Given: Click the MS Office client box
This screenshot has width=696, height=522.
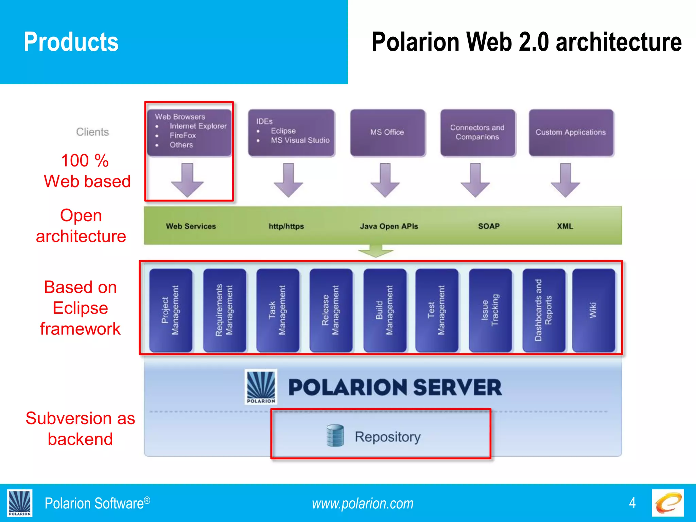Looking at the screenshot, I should (387, 133).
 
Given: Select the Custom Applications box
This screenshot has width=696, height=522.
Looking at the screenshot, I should (571, 133).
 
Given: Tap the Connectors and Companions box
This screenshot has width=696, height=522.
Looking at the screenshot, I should (477, 133).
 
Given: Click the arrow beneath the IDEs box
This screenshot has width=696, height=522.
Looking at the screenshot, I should (288, 180).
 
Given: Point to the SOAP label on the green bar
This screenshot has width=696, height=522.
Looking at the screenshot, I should (489, 226).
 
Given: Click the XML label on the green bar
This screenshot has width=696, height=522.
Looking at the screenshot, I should (565, 226).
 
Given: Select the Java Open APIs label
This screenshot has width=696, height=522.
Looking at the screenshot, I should (389, 226).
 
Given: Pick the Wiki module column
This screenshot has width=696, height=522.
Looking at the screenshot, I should (593, 310).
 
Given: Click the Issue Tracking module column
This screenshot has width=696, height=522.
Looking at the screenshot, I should (490, 310).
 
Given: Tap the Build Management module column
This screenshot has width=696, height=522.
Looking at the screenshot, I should (384, 310).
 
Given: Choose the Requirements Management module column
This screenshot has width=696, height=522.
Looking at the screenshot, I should (224, 310).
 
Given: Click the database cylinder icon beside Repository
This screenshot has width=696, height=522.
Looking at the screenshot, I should (335, 436).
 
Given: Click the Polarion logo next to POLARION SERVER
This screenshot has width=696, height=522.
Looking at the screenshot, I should (261, 387).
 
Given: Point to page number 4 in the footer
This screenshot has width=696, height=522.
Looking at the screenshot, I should (632, 503).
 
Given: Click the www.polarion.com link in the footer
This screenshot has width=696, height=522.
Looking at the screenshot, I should (363, 504).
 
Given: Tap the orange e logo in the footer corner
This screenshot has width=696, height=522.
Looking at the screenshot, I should (667, 503).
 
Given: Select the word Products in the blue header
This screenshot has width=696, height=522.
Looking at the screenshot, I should (71, 42).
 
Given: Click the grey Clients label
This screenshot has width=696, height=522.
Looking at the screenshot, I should (92, 132).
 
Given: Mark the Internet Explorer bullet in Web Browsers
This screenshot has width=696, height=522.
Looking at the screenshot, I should (198, 126).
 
